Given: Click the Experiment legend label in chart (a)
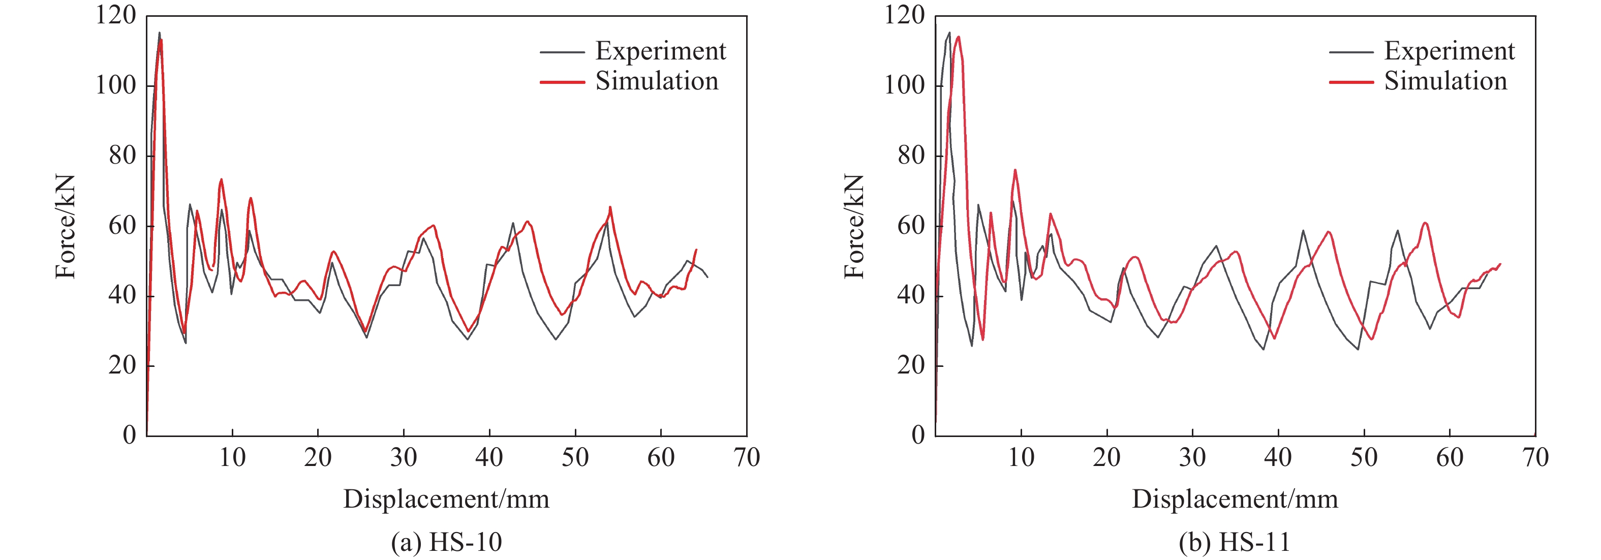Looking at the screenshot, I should [660, 51].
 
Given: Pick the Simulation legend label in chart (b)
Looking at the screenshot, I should [1445, 81].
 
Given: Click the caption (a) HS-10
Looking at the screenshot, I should [446, 542].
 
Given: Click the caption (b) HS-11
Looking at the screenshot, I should [1235, 542].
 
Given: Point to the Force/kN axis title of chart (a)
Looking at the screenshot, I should [65, 227].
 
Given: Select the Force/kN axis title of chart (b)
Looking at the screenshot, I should [854, 227].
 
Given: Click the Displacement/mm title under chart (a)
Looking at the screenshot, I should [446, 499].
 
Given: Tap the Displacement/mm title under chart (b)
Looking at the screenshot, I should [1235, 499].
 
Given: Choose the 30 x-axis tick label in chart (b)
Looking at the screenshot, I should [1192, 458].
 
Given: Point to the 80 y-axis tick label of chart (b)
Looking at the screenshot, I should [911, 155].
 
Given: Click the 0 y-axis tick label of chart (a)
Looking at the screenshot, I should [129, 435].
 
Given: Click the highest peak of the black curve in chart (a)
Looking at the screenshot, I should [159, 33].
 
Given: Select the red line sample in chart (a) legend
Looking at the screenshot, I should [562, 82].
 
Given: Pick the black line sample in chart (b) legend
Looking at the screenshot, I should [1350, 52].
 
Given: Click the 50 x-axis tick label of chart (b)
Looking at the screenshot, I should [1364, 458].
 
